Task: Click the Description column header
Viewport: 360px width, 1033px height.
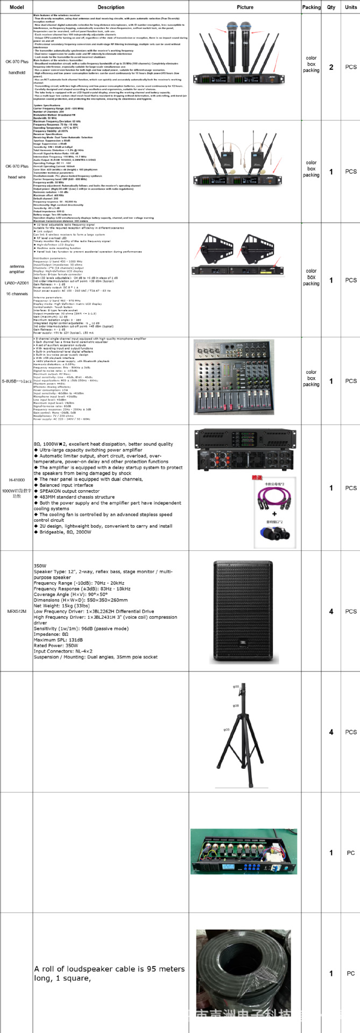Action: [111, 8]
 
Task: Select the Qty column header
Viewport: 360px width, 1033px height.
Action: [331, 8]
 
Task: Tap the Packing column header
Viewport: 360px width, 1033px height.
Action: [311, 8]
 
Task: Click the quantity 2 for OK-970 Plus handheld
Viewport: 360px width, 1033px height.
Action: [331, 67]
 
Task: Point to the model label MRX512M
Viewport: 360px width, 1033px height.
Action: [17, 611]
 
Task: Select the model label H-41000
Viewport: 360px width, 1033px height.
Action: [17, 480]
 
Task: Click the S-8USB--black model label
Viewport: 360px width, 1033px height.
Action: [17, 381]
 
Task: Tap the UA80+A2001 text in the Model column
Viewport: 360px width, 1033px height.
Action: [17, 282]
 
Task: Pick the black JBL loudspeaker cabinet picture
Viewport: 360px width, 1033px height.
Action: [243, 611]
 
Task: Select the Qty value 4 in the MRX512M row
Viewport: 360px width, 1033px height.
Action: [331, 611]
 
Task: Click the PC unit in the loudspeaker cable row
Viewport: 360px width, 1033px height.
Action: [350, 973]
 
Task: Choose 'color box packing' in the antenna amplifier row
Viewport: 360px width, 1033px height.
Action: [311, 277]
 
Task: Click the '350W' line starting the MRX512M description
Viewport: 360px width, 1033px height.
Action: [40, 566]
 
